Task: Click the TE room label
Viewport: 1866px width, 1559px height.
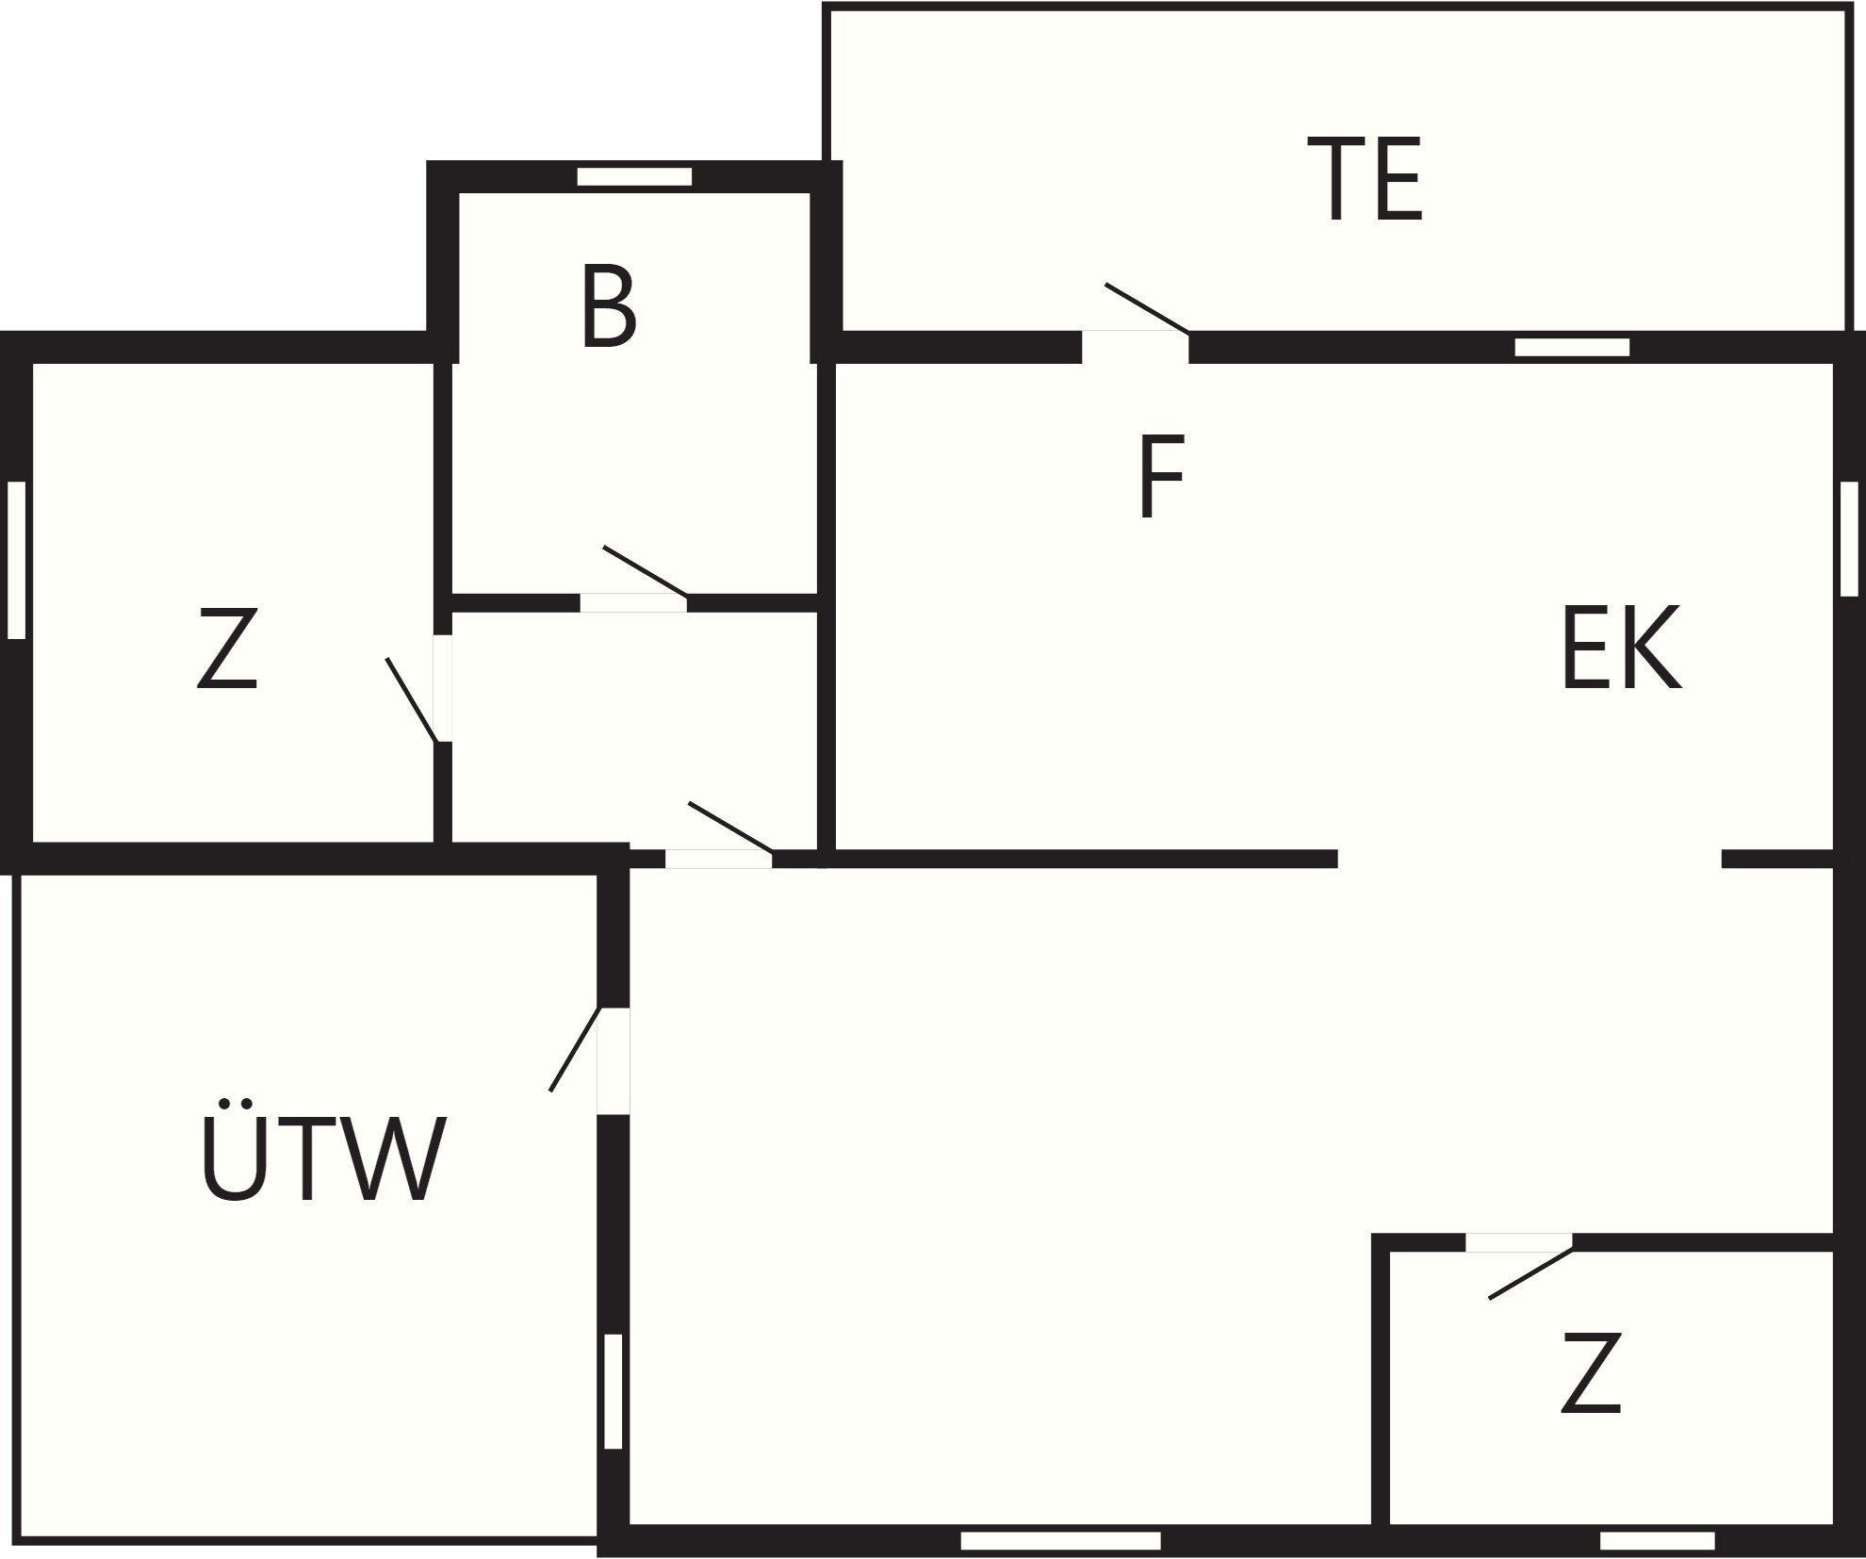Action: click(1365, 180)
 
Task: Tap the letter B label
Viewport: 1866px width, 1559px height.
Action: click(609, 306)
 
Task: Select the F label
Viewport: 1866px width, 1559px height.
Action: click(1161, 476)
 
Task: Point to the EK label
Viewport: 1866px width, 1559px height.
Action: click(1621, 648)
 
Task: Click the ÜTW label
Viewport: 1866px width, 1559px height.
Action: click(323, 1150)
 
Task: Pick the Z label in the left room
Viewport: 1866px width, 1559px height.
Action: click(227, 649)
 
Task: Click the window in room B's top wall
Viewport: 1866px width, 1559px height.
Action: click(634, 177)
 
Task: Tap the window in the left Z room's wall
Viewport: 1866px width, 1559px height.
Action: click(16, 560)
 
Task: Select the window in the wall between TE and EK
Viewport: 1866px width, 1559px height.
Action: click(1572, 347)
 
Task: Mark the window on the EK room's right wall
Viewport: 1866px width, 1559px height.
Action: click(1849, 538)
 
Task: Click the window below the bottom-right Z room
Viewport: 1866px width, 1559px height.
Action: click(1657, 1541)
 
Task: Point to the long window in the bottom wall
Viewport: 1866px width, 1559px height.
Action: click(1060, 1541)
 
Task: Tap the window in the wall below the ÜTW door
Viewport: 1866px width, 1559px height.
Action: click(614, 1391)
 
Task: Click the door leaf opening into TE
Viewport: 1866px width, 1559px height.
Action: click(1147, 308)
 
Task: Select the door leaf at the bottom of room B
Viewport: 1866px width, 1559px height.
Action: click(646, 571)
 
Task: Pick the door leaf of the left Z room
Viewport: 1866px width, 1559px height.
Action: click(412, 700)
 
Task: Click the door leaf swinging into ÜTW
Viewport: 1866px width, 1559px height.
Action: click(575, 1049)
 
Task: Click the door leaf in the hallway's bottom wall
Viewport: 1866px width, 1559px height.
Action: click(731, 828)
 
